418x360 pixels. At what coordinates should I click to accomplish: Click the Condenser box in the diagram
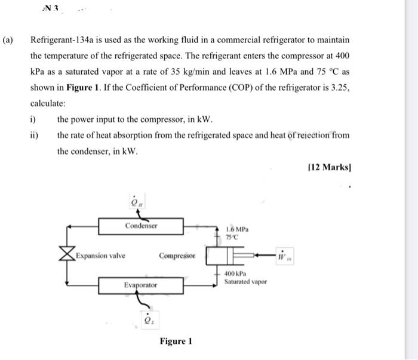point(141,226)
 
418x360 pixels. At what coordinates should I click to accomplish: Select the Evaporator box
point(141,285)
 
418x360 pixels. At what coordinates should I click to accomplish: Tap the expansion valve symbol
point(67,256)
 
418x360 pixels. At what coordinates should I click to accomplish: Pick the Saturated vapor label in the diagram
point(245,282)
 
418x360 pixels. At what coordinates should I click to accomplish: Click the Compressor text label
point(177,256)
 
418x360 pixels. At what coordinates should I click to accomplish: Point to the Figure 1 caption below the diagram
point(176,341)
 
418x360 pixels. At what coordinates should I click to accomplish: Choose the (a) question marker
point(8,41)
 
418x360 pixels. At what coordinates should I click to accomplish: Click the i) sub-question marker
point(33,119)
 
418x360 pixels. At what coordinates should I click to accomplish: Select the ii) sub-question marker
point(35,135)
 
